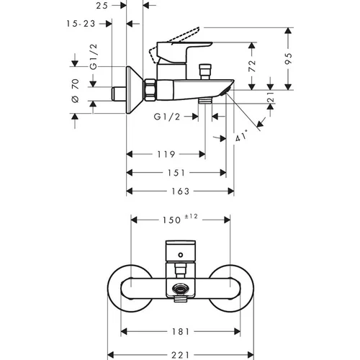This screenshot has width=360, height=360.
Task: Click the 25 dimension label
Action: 102,6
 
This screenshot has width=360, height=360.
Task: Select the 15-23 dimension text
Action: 81,24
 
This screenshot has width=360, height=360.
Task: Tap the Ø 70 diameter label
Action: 76,91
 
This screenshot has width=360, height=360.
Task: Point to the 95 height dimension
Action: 289,58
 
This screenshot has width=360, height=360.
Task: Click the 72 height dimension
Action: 252,66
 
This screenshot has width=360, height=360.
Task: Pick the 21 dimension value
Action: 271,97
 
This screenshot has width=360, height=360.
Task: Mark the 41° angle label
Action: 241,136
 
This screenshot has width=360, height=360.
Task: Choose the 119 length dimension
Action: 166,154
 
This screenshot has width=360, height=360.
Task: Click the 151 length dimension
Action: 176,173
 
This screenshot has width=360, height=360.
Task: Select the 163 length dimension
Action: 181,191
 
